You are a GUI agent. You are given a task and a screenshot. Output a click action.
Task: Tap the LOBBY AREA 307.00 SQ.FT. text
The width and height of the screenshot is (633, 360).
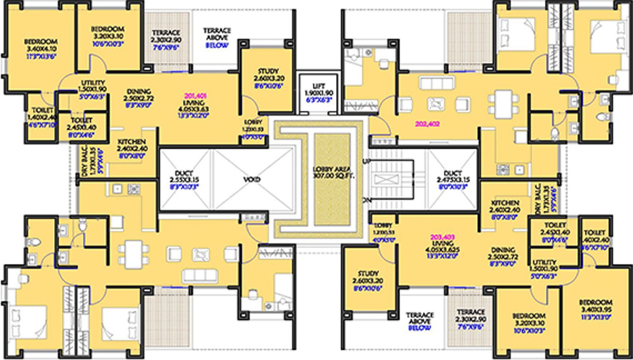point(334,172)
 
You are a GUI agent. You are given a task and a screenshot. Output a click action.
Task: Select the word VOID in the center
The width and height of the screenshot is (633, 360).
point(253,180)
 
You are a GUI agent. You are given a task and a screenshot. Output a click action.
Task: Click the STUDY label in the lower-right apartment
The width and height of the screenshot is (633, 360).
point(368,274)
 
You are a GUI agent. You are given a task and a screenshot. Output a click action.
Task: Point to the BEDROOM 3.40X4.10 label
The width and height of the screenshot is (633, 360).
point(40,41)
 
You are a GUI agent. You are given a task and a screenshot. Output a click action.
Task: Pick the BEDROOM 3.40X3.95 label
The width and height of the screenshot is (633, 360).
point(596,302)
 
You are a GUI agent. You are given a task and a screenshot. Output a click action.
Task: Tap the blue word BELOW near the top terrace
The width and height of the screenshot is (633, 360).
point(217,45)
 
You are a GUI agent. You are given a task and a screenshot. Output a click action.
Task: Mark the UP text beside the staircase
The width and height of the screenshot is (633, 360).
point(366,162)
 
